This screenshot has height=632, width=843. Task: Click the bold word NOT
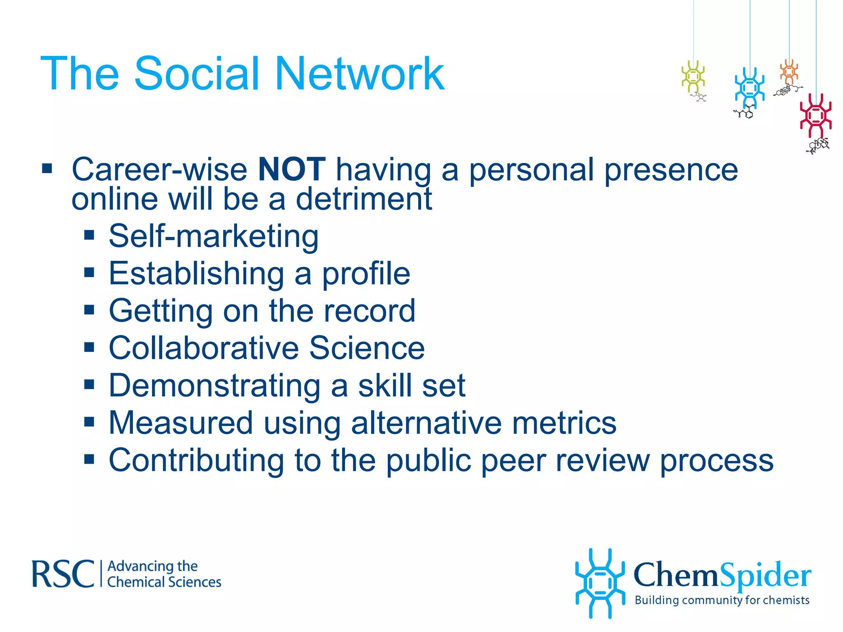pos(291,169)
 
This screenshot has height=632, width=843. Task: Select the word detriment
pos(364,199)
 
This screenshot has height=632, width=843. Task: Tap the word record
pos(369,311)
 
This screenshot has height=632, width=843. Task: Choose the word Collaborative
pos(204,348)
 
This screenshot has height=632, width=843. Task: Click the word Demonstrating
pos(214,386)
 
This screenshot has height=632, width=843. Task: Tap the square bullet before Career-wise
pos(47,169)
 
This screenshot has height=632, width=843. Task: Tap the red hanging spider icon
pos(815,116)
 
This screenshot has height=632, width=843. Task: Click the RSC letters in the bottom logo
pos(63,574)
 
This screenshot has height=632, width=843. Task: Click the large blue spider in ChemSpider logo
pos(600,583)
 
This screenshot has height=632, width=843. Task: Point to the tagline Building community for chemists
pos(722,600)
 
